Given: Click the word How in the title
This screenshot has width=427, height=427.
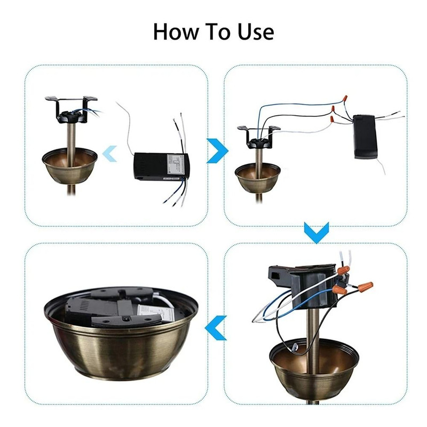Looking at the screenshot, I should [175, 31].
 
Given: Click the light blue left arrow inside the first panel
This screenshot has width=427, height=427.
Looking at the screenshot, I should [110, 153].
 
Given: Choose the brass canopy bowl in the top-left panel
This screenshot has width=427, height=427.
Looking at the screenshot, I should [69, 165].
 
